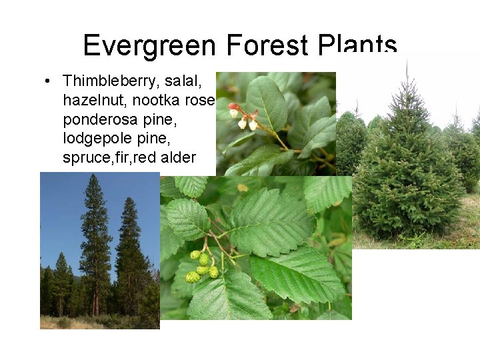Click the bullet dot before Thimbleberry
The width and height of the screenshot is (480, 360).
coord(48,81)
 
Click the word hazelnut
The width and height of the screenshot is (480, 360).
coord(93,100)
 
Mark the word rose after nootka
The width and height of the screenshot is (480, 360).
coord(199,100)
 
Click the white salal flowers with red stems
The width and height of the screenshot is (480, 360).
coord(244,117)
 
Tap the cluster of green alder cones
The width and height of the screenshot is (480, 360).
coord(202,265)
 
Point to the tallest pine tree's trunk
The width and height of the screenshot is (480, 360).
coord(95,293)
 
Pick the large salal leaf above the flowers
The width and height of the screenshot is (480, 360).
coord(267,100)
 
